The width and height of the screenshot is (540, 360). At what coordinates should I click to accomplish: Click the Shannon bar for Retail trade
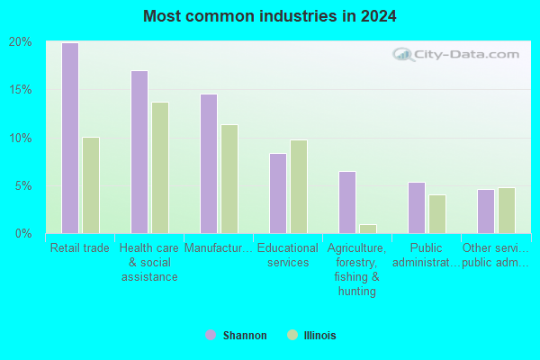(70, 138)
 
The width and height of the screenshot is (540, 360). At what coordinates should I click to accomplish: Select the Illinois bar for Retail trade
(91, 185)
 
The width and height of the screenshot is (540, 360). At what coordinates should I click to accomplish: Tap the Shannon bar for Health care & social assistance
(139, 152)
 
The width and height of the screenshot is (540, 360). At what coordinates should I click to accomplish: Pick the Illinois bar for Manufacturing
(229, 179)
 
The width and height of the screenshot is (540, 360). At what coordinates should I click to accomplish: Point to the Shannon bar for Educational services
(278, 193)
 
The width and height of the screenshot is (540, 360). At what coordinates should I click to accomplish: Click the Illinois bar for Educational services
(299, 186)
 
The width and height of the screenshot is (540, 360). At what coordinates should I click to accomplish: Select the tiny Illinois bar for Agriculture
(368, 229)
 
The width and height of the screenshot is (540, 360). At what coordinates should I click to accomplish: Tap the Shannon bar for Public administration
(417, 208)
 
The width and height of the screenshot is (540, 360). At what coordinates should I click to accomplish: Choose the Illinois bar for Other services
(507, 211)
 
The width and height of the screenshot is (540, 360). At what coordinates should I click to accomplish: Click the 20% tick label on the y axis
(21, 42)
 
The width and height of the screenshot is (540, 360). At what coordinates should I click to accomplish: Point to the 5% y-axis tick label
(23, 186)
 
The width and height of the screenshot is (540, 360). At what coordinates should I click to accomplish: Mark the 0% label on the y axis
(23, 234)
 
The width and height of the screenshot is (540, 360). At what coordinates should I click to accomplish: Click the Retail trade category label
(80, 248)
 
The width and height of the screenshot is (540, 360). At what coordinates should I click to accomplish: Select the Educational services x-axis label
(288, 256)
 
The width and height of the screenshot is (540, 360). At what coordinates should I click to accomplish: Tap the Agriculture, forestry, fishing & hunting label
(357, 269)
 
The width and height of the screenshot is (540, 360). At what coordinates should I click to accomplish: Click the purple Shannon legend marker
(211, 335)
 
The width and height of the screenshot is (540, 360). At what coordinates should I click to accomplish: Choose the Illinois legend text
(319, 336)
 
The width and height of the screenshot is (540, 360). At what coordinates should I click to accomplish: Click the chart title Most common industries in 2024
(270, 16)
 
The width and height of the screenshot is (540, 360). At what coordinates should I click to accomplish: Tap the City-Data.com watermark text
(466, 54)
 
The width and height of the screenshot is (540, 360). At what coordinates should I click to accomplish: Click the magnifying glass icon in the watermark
(403, 55)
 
